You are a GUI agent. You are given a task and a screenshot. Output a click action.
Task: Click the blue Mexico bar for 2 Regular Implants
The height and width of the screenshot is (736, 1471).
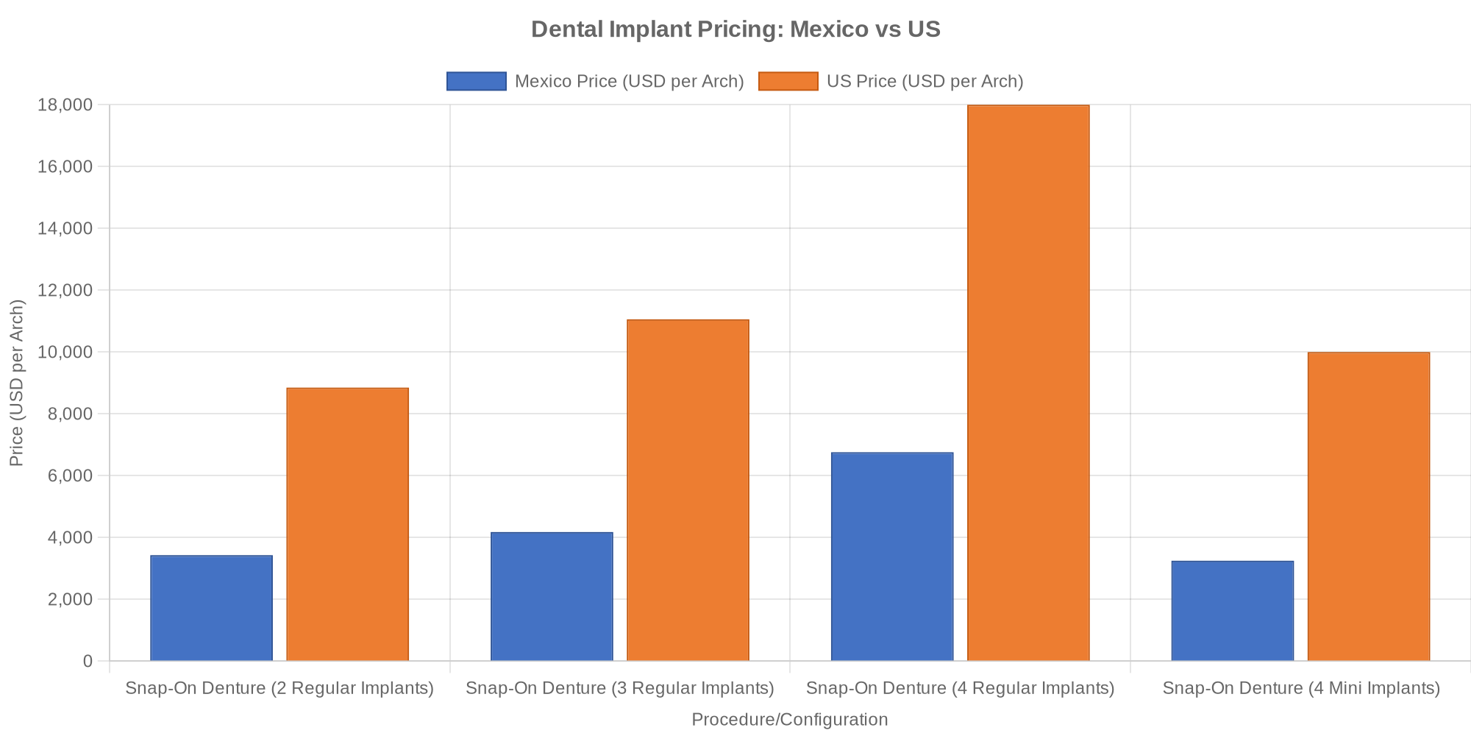211,608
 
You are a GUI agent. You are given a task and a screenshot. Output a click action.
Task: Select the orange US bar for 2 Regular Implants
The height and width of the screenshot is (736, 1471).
347,524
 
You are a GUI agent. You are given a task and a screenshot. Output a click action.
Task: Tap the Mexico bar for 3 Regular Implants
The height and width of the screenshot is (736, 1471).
552,596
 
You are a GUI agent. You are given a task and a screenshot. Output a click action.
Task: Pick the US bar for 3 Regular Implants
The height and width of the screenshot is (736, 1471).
688,490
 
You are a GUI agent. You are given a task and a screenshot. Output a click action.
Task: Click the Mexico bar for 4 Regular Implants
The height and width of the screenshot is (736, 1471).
892,556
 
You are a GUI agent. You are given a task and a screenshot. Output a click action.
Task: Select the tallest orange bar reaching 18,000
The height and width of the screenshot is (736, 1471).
1028,383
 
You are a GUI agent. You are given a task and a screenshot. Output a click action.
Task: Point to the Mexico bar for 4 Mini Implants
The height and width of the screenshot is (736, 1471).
1232,611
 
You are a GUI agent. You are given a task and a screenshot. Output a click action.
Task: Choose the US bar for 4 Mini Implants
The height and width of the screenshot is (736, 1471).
1369,506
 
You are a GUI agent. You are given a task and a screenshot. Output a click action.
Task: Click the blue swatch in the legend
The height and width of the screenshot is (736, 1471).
476,81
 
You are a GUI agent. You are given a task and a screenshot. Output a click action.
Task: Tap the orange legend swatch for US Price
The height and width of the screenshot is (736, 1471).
788,81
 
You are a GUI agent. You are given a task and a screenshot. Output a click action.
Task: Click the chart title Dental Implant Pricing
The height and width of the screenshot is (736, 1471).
735,29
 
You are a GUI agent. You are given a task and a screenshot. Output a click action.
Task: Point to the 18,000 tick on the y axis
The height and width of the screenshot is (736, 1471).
65,105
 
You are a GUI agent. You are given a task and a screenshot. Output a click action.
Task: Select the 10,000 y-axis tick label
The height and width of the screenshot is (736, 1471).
65,352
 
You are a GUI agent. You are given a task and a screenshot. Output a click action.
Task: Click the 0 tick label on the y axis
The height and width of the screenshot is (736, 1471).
88,661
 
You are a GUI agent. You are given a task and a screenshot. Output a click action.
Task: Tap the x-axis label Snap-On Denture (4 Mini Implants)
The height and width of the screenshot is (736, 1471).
1300,688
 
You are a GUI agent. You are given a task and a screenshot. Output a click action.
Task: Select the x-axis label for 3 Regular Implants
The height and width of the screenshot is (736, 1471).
620,688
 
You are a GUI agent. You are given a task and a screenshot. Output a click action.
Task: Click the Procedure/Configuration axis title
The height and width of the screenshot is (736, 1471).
789,719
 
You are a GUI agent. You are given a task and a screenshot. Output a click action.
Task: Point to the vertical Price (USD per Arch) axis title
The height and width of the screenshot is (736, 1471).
16,383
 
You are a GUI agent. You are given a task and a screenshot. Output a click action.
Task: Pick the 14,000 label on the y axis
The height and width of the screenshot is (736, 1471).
65,228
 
